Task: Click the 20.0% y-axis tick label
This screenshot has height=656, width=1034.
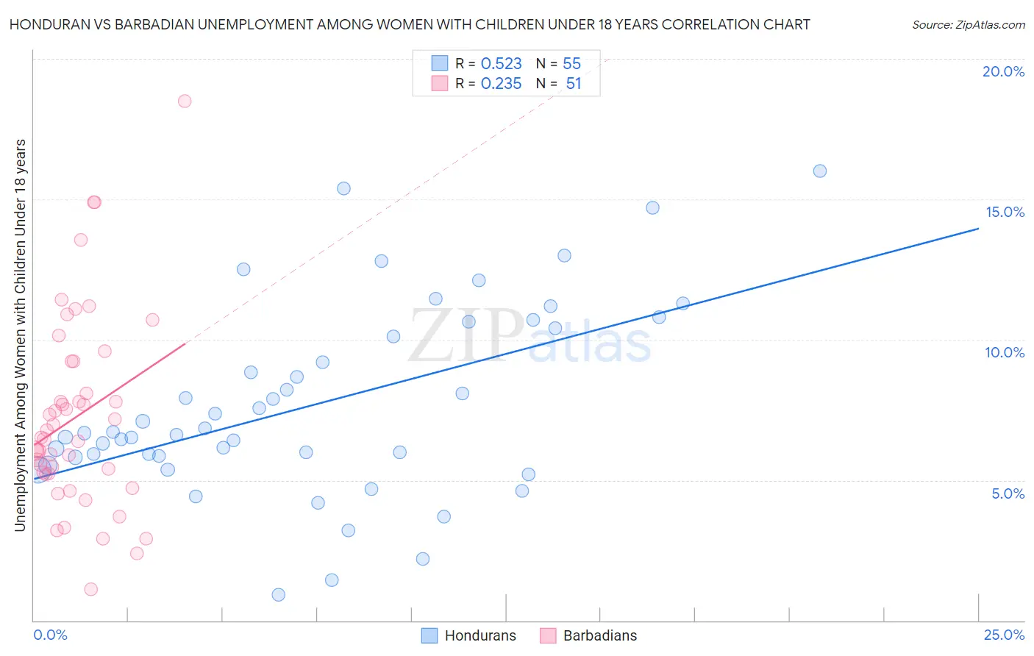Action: click(1003, 71)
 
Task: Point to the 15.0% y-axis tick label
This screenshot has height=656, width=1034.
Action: click(1005, 212)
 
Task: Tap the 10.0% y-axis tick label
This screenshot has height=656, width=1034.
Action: click(1005, 352)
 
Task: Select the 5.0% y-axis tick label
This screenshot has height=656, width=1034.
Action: click(1008, 493)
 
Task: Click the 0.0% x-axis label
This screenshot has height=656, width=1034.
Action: click(50, 635)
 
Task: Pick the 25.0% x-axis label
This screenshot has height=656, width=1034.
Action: click(1004, 635)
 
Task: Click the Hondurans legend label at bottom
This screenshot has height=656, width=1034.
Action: click(480, 635)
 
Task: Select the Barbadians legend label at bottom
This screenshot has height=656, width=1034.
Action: click(600, 635)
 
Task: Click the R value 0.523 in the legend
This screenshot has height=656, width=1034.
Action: click(501, 64)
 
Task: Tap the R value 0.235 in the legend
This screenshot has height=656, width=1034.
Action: click(501, 84)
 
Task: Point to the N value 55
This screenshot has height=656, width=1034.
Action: click(571, 64)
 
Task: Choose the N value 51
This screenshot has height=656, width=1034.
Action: click(574, 84)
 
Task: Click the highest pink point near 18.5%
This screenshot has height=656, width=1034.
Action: click(185, 101)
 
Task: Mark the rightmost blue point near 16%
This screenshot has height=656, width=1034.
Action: click(820, 171)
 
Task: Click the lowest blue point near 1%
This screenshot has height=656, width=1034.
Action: click(279, 594)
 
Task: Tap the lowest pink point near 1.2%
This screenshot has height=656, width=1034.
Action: click(91, 589)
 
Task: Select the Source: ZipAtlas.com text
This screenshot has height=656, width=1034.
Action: click(968, 24)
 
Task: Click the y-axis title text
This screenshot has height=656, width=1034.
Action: click(20, 335)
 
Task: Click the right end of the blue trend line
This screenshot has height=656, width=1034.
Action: click(977, 229)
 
